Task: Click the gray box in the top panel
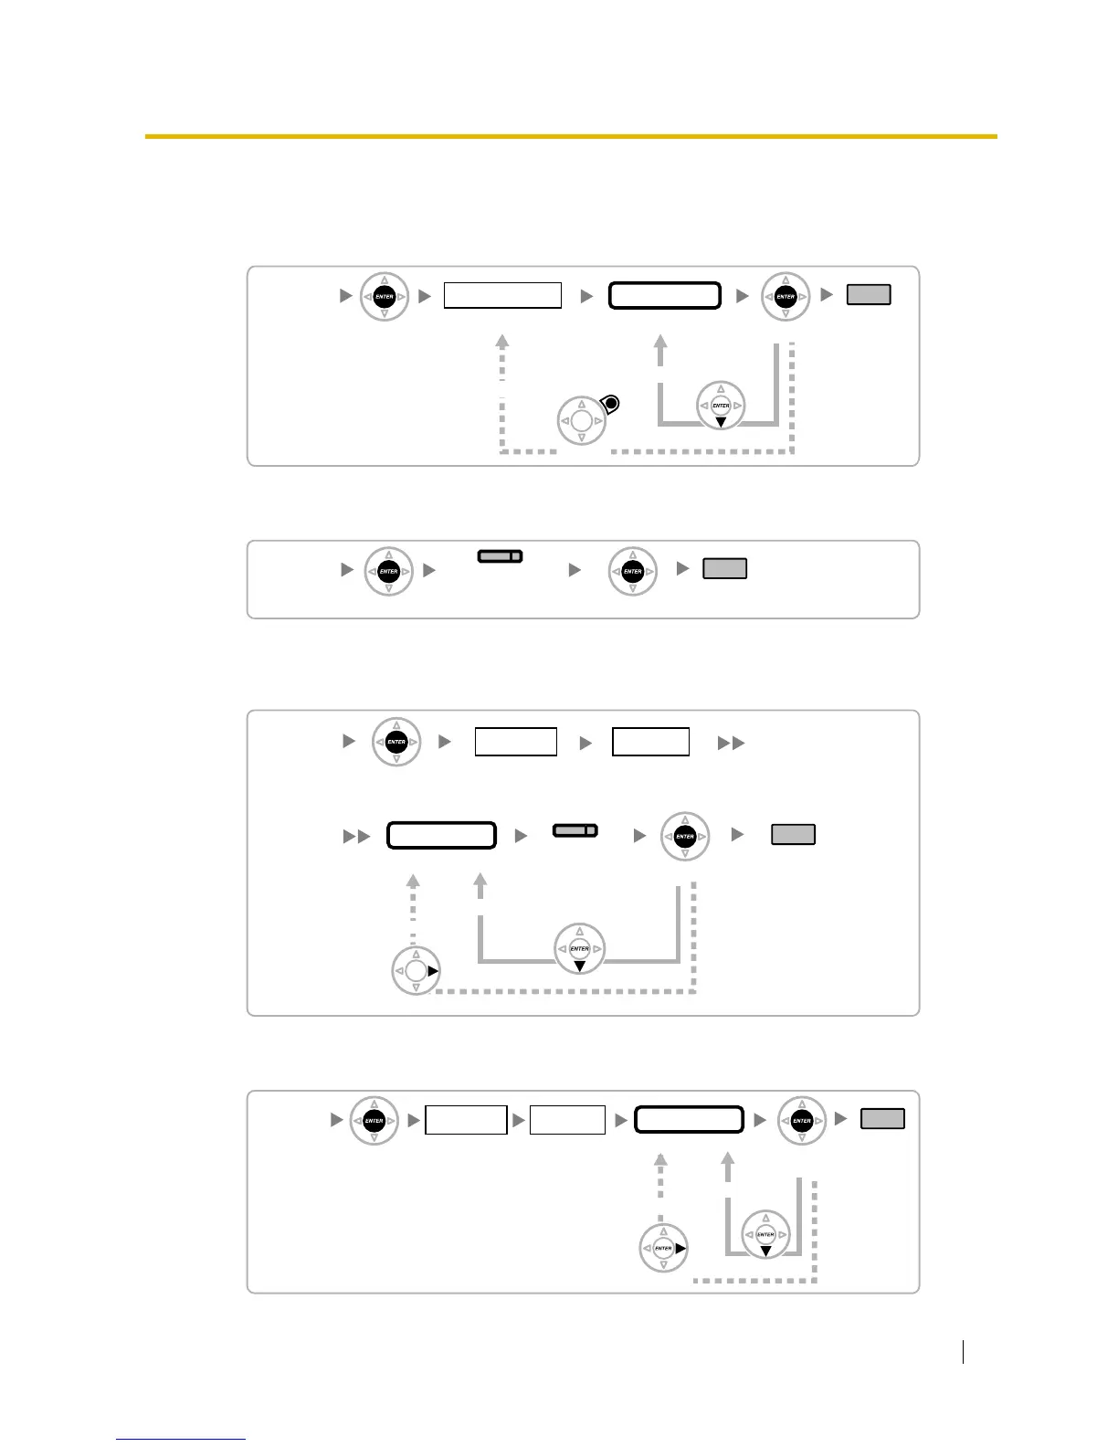869,295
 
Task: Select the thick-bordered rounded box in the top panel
665,296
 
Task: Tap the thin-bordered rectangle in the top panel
502,295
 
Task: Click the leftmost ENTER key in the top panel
385,297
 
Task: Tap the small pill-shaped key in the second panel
500,556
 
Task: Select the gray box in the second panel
725,568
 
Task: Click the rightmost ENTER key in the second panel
633,572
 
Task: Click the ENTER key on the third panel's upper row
396,742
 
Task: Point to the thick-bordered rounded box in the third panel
441,836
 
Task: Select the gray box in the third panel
793,834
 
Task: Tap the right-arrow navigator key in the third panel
416,971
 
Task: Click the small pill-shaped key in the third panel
575,830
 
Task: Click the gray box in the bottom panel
882,1119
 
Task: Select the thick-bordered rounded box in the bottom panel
689,1120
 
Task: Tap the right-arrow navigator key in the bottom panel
664,1248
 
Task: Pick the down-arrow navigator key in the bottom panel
765,1235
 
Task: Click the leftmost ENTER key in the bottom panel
374,1121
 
